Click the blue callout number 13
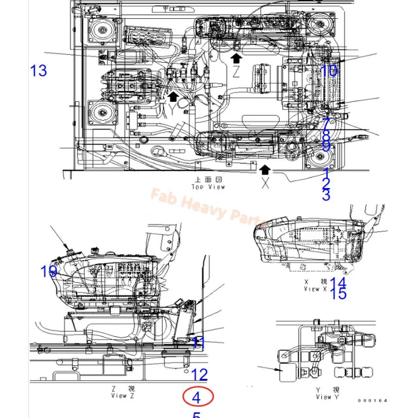[x=39, y=70]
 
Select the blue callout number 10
[x=330, y=70]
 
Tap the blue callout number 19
[x=49, y=271]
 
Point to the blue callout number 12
[x=199, y=374]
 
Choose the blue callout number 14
[x=338, y=283]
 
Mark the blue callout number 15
[x=338, y=295]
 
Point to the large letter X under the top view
[x=265, y=184]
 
